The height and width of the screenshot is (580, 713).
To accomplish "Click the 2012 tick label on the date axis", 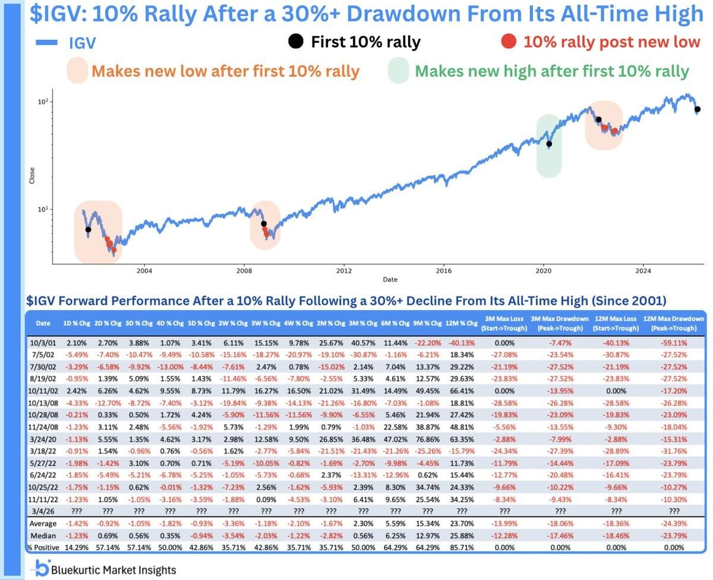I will tap(344, 271).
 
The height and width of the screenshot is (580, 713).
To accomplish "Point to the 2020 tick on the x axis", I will tap(544, 271).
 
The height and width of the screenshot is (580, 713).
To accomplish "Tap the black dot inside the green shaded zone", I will tap(549, 144).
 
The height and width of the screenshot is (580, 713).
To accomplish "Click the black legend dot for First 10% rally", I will tap(294, 42).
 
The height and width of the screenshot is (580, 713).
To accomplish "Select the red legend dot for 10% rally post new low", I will tap(507, 42).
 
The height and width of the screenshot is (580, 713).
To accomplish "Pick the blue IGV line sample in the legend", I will tap(47, 42).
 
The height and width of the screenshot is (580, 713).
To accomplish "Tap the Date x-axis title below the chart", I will tap(389, 279).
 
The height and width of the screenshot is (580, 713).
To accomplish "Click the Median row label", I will tap(44, 535).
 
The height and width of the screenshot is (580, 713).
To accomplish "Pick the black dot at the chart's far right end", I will tap(698, 109).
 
